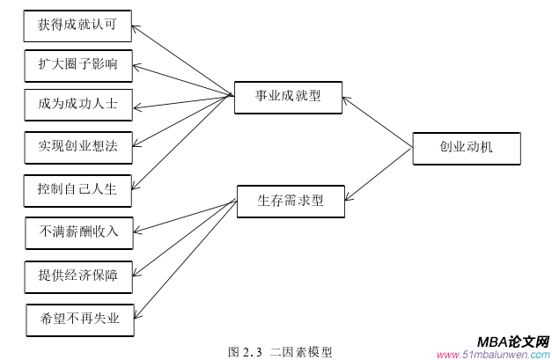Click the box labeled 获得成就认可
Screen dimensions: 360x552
tap(77, 26)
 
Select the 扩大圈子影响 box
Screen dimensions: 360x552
tap(77, 64)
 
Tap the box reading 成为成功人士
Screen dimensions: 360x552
tap(77, 104)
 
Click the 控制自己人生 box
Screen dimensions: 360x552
tap(77, 188)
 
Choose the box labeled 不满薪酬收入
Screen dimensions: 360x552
tap(77, 232)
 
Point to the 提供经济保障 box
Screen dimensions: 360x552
tap(77, 276)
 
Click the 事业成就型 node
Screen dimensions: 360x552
tap(288, 97)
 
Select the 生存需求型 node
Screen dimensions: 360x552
tap(291, 201)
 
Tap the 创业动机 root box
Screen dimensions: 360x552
tap(467, 147)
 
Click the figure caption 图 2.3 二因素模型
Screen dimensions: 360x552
tap(280, 351)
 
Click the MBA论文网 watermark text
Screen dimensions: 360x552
tap(513, 341)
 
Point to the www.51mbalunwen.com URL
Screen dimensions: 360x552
tap(494, 354)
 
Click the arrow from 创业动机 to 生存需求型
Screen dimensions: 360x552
tap(379, 174)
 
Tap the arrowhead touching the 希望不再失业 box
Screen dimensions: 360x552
tap(137, 314)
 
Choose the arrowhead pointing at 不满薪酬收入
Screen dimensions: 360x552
tap(137, 233)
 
